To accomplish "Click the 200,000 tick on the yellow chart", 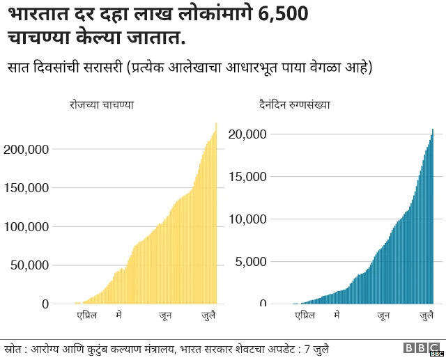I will (26, 149).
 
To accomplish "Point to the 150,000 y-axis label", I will (26, 188).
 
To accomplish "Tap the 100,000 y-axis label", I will (26, 227).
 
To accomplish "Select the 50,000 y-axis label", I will (30, 265).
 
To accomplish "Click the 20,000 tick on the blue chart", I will (247, 134).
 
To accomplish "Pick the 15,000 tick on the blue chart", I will (247, 176).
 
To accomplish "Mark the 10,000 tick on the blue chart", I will (247, 219).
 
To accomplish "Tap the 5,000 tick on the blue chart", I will (251, 262).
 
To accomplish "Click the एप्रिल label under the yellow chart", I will (86, 316).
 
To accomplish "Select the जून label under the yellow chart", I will (165, 316).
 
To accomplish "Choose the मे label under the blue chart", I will (337, 316).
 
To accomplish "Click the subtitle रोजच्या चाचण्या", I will (101, 104).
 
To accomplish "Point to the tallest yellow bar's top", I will (216, 124).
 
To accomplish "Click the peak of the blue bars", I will (432, 130).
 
